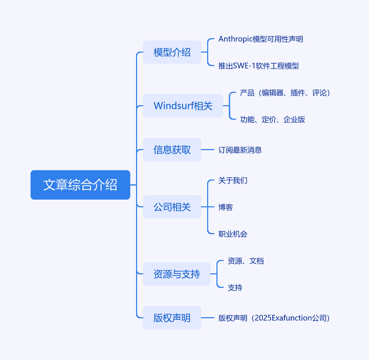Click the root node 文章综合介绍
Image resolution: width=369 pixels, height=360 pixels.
[80, 185]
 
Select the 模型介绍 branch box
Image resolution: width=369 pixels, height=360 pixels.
[172, 52]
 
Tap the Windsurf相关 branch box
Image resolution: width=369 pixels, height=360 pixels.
[183, 106]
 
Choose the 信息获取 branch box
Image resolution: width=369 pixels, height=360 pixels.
[172, 150]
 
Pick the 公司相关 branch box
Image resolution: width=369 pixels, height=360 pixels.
[172, 207]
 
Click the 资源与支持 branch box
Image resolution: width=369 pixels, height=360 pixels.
[177, 274]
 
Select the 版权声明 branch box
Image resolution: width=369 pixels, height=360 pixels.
[172, 318]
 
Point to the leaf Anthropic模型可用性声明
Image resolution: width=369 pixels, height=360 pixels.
[261, 39]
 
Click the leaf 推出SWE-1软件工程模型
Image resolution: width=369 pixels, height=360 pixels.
[259, 66]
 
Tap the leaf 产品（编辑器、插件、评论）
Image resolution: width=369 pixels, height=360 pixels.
[285, 92]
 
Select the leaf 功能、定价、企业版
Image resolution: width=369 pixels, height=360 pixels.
[273, 119]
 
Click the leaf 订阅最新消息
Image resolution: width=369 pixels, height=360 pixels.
[240, 150]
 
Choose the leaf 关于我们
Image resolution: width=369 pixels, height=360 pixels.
[233, 181]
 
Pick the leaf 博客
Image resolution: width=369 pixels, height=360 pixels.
[225, 207]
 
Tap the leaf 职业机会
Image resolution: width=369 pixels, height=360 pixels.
[233, 234]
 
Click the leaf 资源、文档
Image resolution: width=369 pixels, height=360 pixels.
[246, 260]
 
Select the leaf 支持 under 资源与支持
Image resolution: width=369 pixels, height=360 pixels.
[235, 287]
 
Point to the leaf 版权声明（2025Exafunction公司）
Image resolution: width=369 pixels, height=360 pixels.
[274, 318]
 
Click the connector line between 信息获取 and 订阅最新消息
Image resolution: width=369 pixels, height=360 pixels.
[208, 150]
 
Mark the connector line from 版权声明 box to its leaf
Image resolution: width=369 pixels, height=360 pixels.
[208, 318]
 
